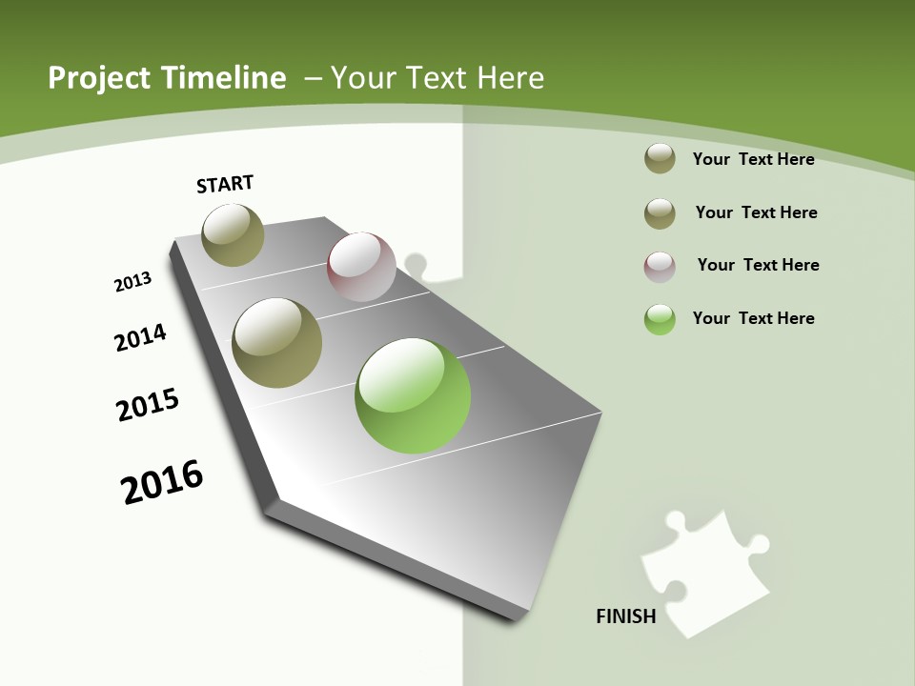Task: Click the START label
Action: tap(225, 184)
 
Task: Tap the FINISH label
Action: tap(626, 616)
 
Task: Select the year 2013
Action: tap(133, 282)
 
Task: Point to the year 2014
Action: tap(141, 337)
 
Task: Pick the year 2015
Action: tap(148, 405)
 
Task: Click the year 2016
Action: tap(162, 482)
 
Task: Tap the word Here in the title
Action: tap(510, 78)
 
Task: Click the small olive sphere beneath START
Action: tap(234, 235)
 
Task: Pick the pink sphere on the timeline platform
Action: tap(361, 267)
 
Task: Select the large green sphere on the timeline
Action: tap(413, 395)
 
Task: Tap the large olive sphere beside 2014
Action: tap(277, 343)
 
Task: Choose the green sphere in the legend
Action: tap(660, 319)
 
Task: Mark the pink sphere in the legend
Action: tap(660, 267)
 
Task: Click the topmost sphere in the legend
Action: tap(660, 159)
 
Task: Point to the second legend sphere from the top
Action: tap(660, 213)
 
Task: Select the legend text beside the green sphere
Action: tap(753, 318)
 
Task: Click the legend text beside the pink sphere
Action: tap(758, 265)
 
